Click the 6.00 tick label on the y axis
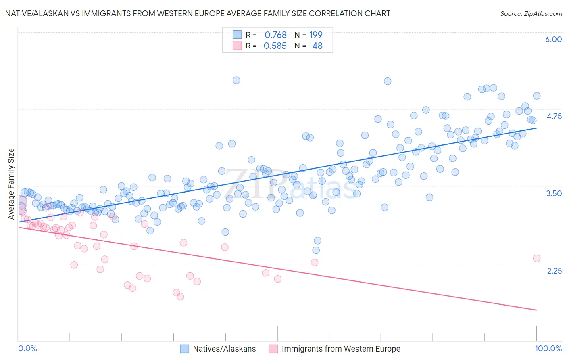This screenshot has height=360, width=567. pyautogui.click(x=553, y=39)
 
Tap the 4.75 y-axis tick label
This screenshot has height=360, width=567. pyautogui.click(x=554, y=116)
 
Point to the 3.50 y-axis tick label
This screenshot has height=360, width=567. pyautogui.click(x=554, y=193)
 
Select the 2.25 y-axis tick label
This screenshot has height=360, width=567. pyautogui.click(x=554, y=270)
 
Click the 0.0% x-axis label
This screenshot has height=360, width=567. pyautogui.click(x=27, y=348)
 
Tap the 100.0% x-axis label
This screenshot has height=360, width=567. pyautogui.click(x=548, y=348)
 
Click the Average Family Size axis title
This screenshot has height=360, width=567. pyautogui.click(x=11, y=184)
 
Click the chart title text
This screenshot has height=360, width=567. pyautogui.click(x=198, y=13)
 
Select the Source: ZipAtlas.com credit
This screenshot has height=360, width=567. pyautogui.click(x=531, y=13)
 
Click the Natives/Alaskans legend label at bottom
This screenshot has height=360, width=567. pyautogui.click(x=224, y=349)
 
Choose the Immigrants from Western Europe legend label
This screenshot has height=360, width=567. pyautogui.click(x=341, y=349)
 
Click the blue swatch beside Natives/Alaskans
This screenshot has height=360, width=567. pyautogui.click(x=185, y=349)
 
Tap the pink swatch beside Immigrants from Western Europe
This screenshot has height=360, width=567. pyautogui.click(x=273, y=349)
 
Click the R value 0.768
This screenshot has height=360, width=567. pyautogui.click(x=275, y=35)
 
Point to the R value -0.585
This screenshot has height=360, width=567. pyautogui.click(x=273, y=46)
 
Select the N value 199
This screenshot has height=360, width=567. pyautogui.click(x=316, y=35)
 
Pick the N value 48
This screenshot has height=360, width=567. pyautogui.click(x=317, y=46)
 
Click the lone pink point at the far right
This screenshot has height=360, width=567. pyautogui.click(x=536, y=258)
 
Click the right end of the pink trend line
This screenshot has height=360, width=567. pyautogui.click(x=536, y=310)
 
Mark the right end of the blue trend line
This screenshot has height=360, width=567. pyautogui.click(x=536, y=128)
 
